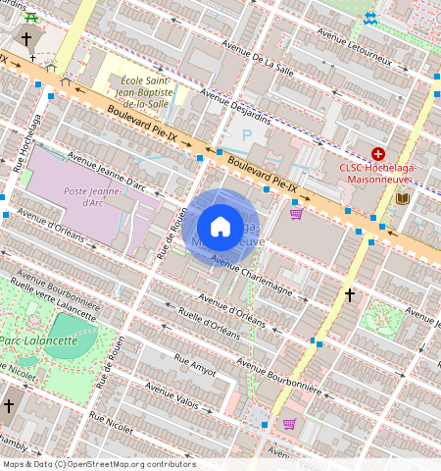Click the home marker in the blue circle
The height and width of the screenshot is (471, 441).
pyautogui.click(x=220, y=227)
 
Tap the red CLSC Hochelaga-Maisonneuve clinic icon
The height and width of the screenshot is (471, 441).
pyautogui.click(x=378, y=154)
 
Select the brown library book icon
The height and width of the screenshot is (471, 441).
pyautogui.click(x=402, y=198)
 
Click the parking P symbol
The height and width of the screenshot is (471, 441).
pyautogui.click(x=247, y=135)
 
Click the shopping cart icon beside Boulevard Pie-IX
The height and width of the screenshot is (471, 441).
pyautogui.click(x=296, y=213)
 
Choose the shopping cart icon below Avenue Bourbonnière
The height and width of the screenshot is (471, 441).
pyautogui.click(x=289, y=424)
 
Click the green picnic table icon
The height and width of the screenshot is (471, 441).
pyautogui.click(x=32, y=17)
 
